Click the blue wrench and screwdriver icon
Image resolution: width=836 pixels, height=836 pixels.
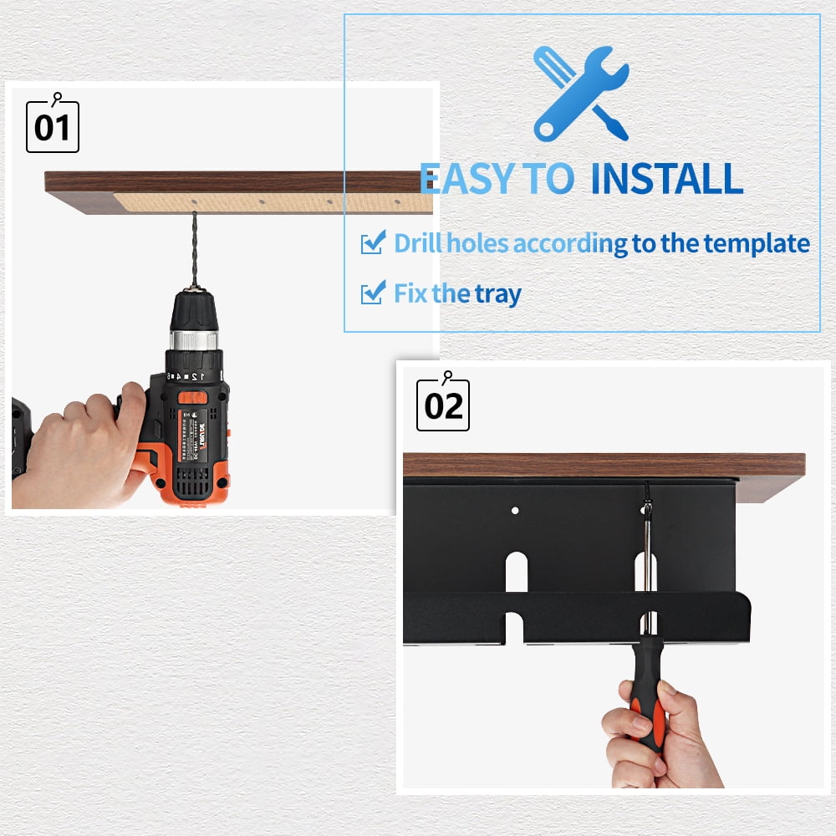(581, 93)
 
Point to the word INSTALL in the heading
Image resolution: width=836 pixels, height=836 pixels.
(666, 179)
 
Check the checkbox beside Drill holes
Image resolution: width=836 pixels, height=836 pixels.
(371, 243)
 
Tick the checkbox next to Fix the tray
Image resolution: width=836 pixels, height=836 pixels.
(371, 293)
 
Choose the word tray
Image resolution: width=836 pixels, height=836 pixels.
(498, 294)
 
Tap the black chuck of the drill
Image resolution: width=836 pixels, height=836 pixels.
(195, 312)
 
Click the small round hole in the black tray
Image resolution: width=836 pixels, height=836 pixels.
(515, 509)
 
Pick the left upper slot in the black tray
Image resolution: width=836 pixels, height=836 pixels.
(516, 573)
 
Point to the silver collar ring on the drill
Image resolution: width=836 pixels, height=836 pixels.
(195, 339)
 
